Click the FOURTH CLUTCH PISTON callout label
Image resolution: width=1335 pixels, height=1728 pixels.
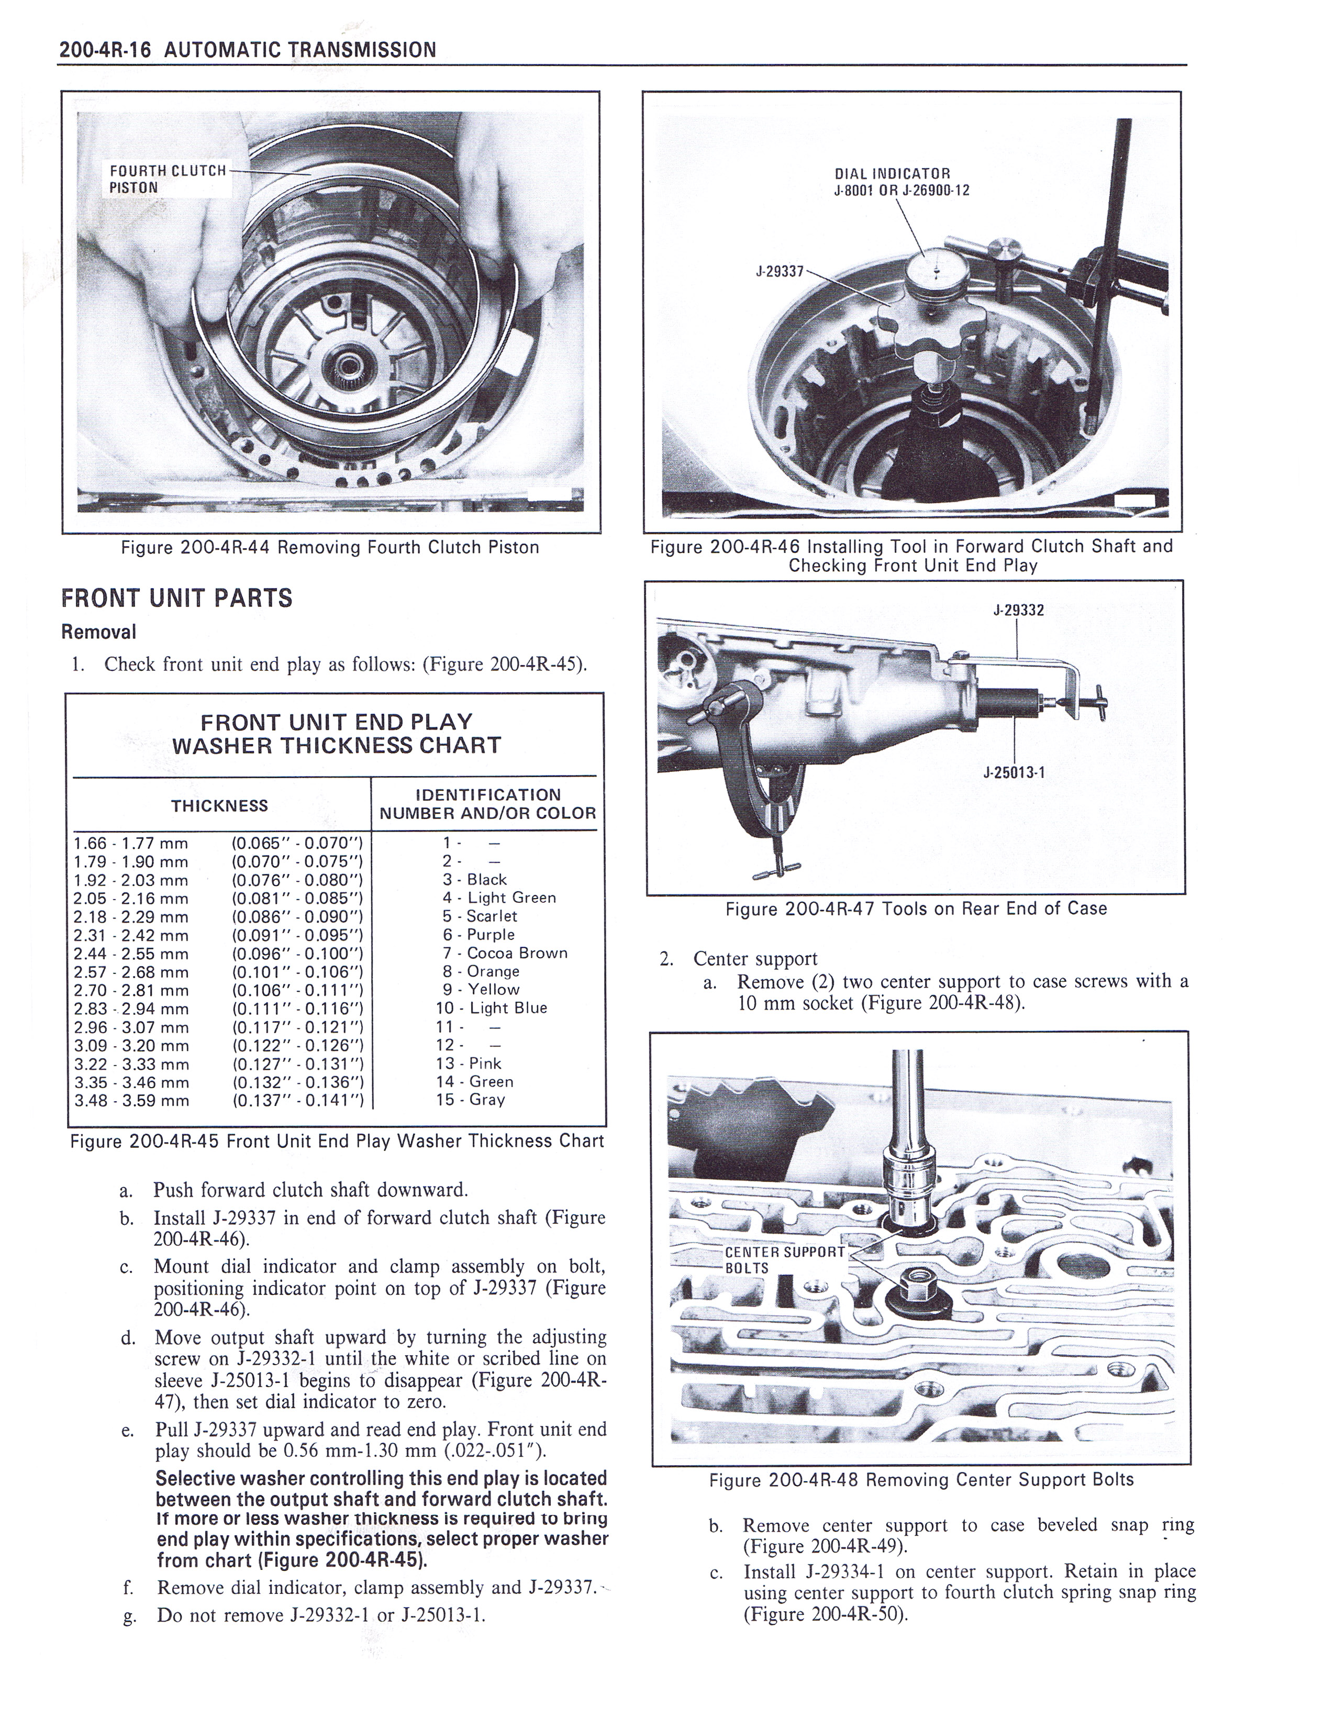(x=168, y=179)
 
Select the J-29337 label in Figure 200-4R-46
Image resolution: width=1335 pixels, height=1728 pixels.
(x=780, y=271)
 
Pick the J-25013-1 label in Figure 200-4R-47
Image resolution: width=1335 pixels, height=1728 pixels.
(x=1014, y=773)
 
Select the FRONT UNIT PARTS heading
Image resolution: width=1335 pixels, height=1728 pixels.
(x=176, y=598)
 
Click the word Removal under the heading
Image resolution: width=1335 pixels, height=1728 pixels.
(x=99, y=632)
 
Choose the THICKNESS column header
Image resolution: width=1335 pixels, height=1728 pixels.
(x=220, y=805)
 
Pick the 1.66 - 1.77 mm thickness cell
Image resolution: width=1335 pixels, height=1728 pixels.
(x=130, y=844)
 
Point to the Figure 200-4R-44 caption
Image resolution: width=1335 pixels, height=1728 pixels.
(x=330, y=548)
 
